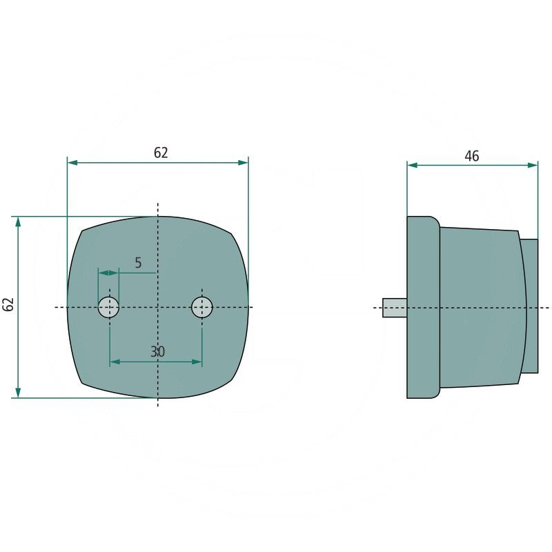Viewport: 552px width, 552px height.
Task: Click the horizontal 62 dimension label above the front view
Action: click(x=160, y=153)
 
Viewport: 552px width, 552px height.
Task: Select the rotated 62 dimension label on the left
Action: click(x=8, y=305)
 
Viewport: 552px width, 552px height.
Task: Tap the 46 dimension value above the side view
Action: click(x=471, y=157)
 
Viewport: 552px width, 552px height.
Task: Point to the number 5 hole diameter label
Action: click(x=138, y=263)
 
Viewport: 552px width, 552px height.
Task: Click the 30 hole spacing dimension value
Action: click(x=157, y=352)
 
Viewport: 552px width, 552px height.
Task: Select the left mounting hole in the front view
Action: click(x=109, y=306)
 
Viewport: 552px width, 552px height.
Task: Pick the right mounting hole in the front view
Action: click(x=202, y=306)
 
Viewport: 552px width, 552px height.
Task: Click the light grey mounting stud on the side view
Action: click(x=395, y=307)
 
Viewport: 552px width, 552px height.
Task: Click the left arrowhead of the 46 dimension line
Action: click(x=412, y=166)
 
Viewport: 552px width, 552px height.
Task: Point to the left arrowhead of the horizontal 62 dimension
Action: click(x=72, y=162)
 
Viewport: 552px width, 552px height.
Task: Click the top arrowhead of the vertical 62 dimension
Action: click(x=18, y=221)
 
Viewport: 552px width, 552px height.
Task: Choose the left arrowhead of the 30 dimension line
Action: click(x=115, y=362)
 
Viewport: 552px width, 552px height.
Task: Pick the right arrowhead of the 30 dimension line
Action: click(x=197, y=362)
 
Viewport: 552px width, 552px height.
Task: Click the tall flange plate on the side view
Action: click(x=422, y=307)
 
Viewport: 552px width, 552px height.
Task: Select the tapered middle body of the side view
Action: click(x=480, y=307)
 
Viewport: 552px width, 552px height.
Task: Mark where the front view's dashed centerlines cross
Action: click(x=158, y=306)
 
